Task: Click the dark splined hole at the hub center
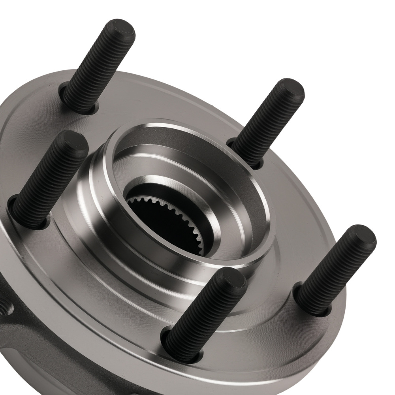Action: [166, 221]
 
